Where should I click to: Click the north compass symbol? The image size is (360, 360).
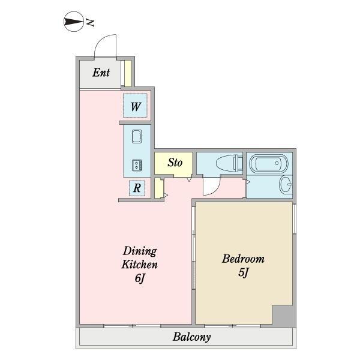[73, 22]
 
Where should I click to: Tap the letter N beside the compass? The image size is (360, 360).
[90, 23]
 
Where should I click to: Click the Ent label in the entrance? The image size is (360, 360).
[101, 73]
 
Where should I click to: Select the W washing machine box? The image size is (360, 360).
[135, 106]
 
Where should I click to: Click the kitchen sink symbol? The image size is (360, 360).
[137, 137]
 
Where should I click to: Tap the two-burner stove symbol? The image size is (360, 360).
[137, 165]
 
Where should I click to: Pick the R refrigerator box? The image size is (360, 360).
[137, 188]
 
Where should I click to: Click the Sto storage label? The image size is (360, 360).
[175, 163]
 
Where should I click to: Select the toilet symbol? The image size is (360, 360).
[229, 163]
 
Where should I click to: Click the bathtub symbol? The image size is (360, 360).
[269, 163]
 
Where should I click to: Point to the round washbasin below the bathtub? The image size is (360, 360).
[286, 184]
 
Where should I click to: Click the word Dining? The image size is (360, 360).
[140, 251]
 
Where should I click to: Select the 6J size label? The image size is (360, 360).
[140, 278]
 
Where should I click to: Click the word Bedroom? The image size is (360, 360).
[243, 259]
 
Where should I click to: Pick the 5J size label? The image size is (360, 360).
[244, 273]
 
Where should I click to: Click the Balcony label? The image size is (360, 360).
[192, 337]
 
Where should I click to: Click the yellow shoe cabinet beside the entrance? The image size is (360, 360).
[128, 73]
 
